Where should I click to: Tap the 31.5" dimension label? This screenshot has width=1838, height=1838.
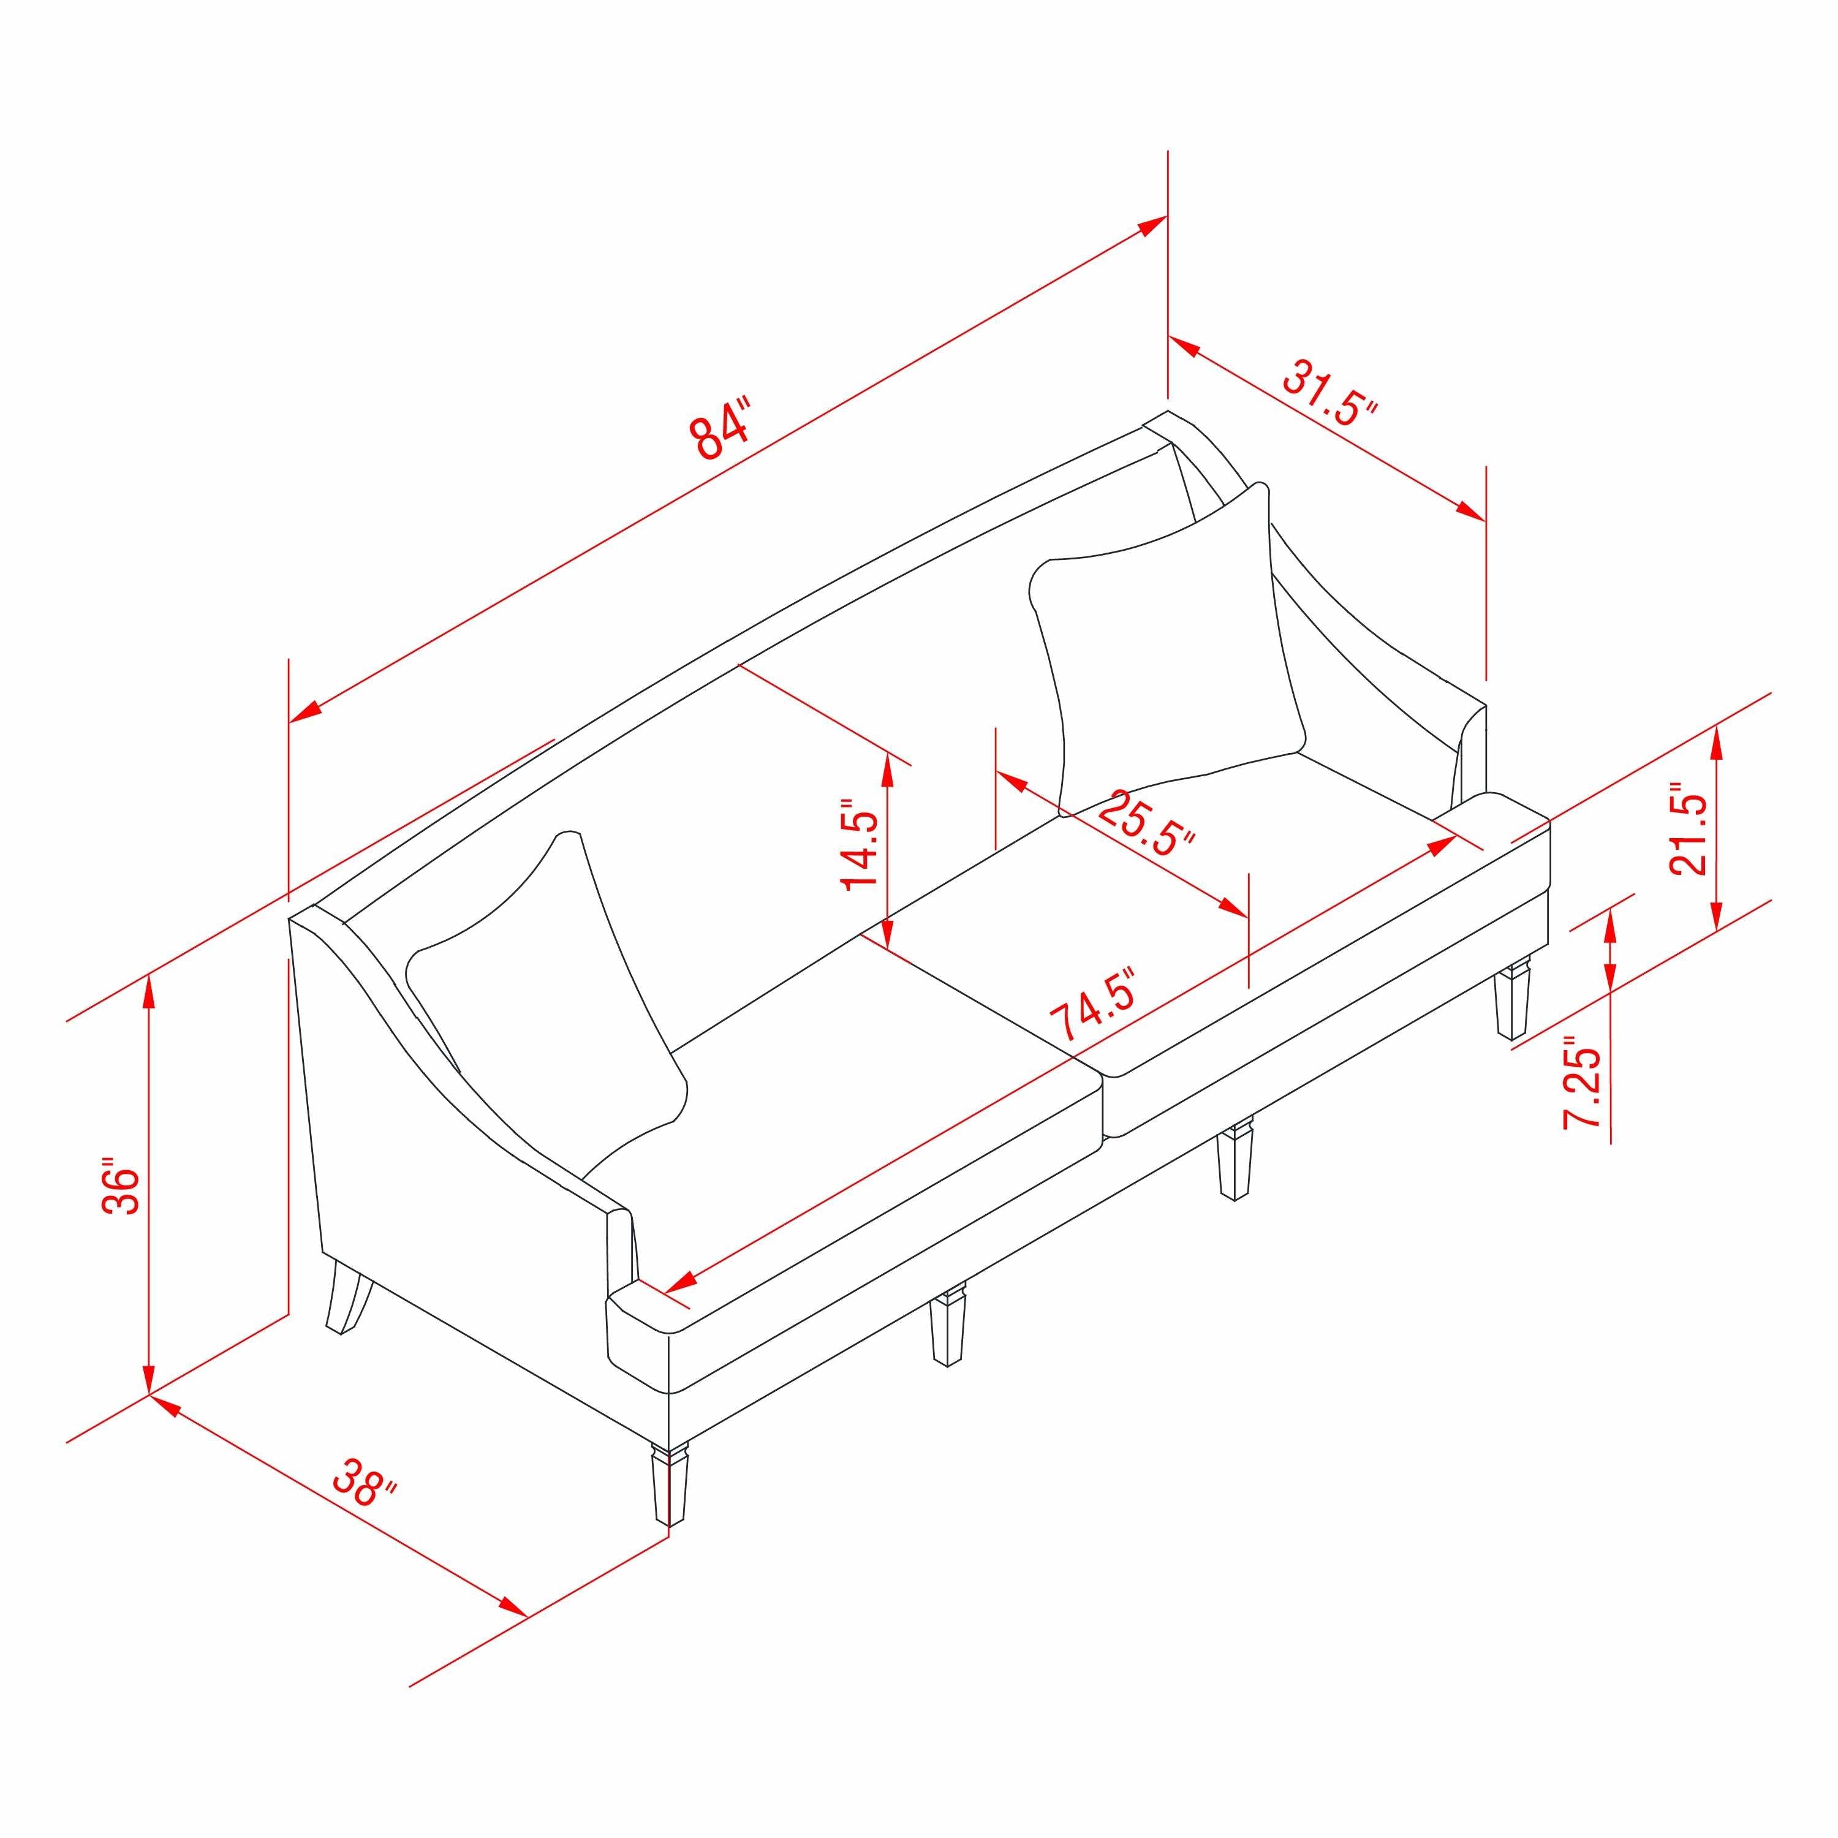pos(1330,393)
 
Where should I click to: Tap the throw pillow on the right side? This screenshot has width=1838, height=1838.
pos(1170,647)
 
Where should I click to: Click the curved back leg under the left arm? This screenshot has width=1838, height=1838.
pos(348,1299)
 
